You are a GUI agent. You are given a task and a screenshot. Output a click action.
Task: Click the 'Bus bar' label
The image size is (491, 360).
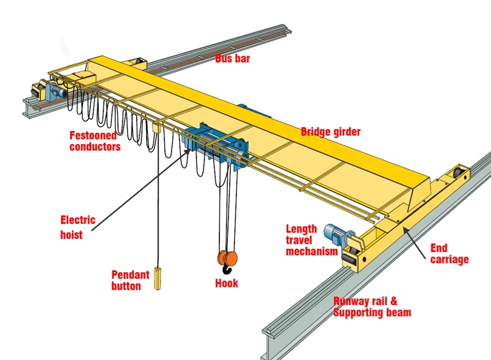(x=232, y=58)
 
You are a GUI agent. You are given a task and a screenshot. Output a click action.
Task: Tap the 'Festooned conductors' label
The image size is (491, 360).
(x=96, y=141)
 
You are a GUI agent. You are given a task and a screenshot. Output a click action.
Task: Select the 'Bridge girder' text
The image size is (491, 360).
(x=331, y=132)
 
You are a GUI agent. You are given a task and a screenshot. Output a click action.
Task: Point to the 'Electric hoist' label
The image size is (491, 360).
(x=78, y=227)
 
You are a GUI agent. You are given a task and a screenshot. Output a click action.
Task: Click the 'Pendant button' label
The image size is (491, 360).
(x=130, y=280)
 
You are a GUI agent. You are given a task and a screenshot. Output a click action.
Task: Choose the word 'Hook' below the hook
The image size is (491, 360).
(x=227, y=283)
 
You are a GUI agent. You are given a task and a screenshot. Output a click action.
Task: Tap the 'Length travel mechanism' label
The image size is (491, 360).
(x=312, y=240)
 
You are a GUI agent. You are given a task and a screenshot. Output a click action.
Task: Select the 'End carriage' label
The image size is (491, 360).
(x=449, y=254)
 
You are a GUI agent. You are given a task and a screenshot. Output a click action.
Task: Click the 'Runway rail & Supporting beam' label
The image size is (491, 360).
(x=372, y=307)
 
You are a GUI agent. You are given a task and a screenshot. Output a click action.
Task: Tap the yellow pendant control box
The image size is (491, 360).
(x=157, y=280)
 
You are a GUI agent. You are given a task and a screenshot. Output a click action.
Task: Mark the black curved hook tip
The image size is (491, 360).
(x=227, y=270)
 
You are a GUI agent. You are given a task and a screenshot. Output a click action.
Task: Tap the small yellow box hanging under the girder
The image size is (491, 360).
(x=156, y=130)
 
